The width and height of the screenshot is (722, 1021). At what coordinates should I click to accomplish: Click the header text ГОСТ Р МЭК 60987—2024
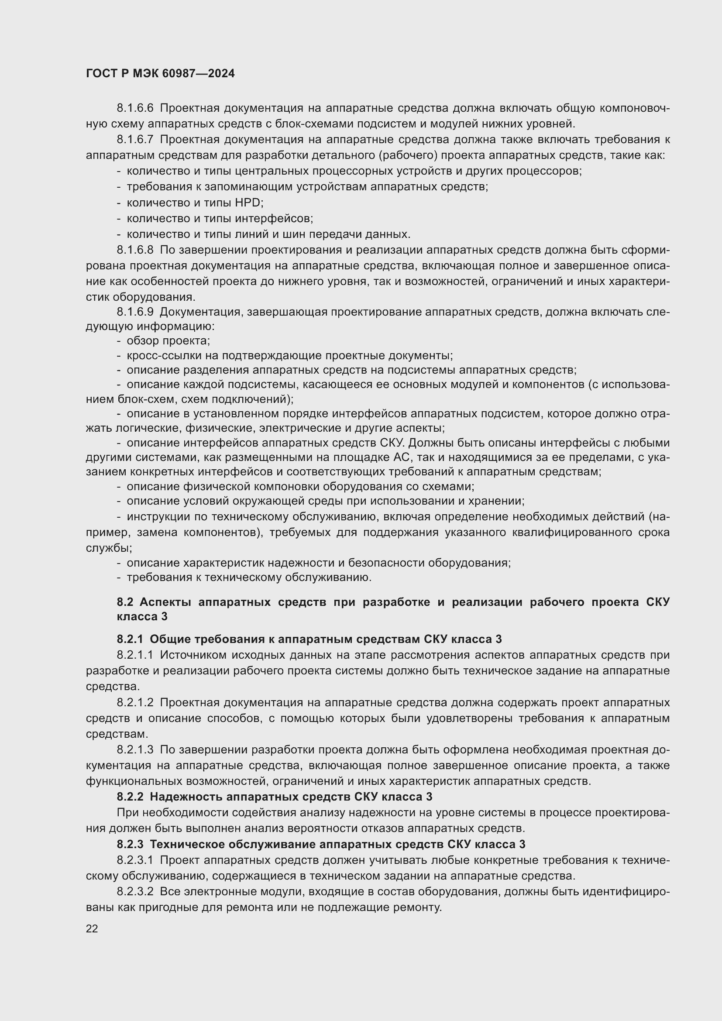[x=160, y=74]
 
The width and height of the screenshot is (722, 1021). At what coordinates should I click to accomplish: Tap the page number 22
[x=92, y=928]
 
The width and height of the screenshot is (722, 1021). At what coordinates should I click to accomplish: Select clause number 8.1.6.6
[x=135, y=108]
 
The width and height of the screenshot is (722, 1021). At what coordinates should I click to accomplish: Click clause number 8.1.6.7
[x=135, y=140]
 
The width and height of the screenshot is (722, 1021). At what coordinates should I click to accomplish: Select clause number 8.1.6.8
[x=135, y=250]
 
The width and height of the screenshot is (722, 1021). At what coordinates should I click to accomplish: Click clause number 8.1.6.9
[x=135, y=312]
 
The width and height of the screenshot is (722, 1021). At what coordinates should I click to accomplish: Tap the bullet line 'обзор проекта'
[x=168, y=341]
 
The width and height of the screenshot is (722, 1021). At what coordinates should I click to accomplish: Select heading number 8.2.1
[x=130, y=639]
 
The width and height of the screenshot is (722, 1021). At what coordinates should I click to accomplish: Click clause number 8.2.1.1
[x=135, y=655]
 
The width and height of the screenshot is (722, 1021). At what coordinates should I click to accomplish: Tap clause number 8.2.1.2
[x=135, y=703]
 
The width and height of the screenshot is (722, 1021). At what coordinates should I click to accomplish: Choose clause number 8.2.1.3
[x=135, y=750]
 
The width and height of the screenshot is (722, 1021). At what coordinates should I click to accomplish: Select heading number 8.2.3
[x=130, y=844]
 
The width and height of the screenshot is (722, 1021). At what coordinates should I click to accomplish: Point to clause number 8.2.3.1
[x=135, y=860]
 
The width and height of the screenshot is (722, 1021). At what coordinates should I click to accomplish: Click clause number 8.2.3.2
[x=135, y=892]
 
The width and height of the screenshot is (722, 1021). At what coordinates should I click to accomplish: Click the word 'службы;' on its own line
[x=103, y=548]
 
